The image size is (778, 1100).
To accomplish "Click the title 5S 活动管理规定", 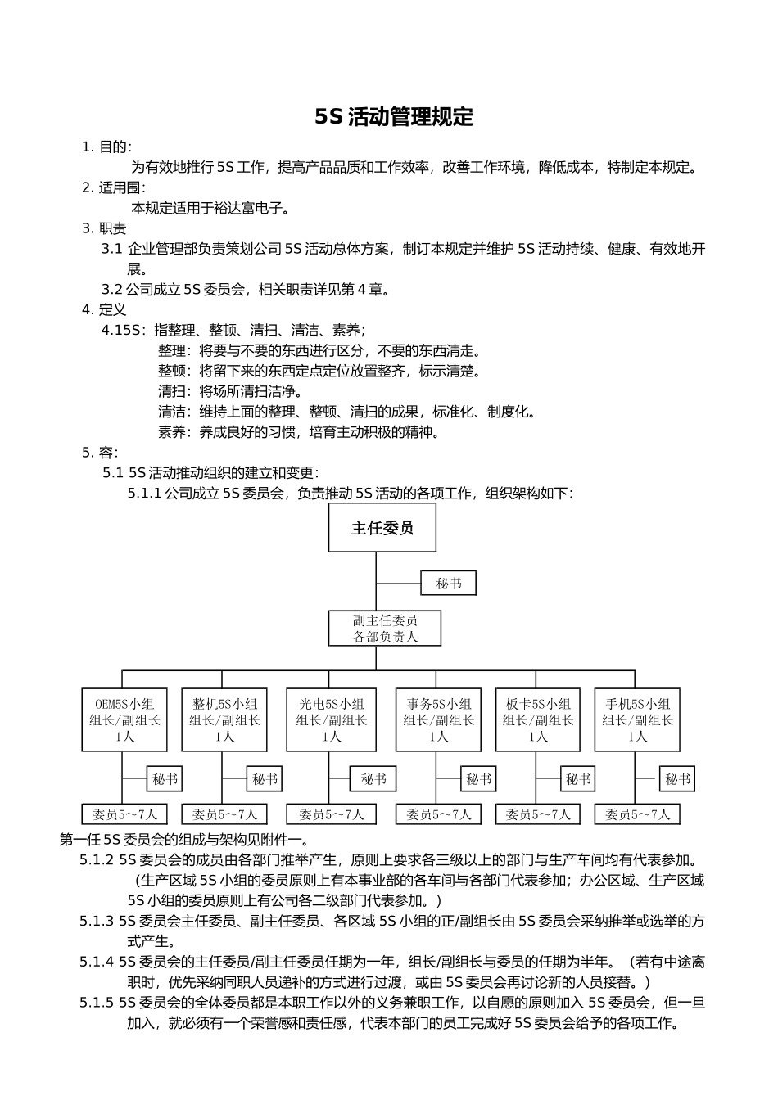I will [x=394, y=117].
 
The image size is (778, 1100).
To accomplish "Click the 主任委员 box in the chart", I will [x=382, y=528].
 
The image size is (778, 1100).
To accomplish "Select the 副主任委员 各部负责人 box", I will [x=385, y=629].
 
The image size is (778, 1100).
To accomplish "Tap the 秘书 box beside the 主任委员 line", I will [x=448, y=583].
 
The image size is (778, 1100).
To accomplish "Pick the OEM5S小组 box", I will [x=124, y=719].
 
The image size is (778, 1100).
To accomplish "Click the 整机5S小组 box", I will [x=224, y=719].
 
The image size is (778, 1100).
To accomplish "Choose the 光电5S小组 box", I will [x=331, y=719].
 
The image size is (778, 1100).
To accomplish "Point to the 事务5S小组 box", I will [x=438, y=719].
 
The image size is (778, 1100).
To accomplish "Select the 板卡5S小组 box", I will [x=537, y=719].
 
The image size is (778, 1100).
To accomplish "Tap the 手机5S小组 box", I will [x=637, y=719].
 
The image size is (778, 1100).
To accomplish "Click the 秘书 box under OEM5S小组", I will [x=165, y=779].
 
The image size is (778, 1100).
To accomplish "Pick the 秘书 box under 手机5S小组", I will [x=677, y=779].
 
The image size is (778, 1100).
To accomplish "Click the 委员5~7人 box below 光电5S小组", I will [x=331, y=814].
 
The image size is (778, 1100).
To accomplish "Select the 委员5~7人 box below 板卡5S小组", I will [x=537, y=814].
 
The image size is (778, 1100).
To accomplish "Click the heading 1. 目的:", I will [x=106, y=147].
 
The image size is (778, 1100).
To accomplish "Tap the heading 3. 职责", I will [x=104, y=228].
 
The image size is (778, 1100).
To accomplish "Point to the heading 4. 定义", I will [x=104, y=309].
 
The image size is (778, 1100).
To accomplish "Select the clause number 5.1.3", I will [x=97, y=921].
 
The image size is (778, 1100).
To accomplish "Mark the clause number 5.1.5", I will [x=97, y=1003].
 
